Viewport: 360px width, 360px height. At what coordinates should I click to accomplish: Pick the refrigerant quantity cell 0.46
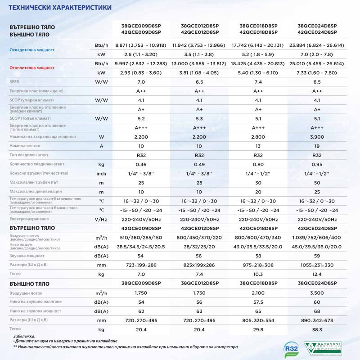pyautogui.click(x=140, y=164)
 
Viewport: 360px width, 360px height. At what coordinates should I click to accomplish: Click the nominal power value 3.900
pyautogui.click(x=317, y=136)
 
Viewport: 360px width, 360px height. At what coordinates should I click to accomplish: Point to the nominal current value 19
pyautogui.click(x=317, y=146)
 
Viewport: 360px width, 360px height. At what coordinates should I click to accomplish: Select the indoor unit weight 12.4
pyautogui.click(x=317, y=274)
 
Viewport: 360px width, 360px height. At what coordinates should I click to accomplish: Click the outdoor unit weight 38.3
pyautogui.click(x=317, y=331)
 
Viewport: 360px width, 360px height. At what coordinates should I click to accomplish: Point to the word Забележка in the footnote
pyautogui.click(x=24, y=336)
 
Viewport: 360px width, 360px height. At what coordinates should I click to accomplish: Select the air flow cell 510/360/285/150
pyautogui.click(x=140, y=237)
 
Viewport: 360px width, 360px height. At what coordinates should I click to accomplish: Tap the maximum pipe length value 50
pyautogui.click(x=317, y=183)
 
